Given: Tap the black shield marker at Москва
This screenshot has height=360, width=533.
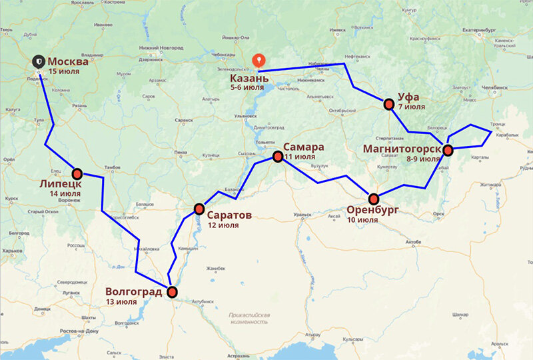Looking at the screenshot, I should click(x=40, y=61).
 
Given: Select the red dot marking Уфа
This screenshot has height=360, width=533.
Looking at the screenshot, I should click(x=388, y=104).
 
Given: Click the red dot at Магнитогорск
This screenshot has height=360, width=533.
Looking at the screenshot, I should click(x=448, y=150).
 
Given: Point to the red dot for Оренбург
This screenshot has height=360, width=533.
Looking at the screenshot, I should click(x=374, y=198).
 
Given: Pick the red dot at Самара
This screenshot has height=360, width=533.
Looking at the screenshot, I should click(x=278, y=157).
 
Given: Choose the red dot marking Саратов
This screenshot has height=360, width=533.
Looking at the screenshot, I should click(x=199, y=209).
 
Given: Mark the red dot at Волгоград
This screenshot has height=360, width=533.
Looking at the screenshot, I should click(x=173, y=291).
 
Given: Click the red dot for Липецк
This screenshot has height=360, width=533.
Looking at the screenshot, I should click(x=77, y=173).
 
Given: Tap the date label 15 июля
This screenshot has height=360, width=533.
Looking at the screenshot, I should click(x=65, y=71).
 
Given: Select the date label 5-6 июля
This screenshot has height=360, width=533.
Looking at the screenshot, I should click(x=247, y=87).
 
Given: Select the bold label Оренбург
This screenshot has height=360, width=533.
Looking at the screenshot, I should click(x=372, y=209).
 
